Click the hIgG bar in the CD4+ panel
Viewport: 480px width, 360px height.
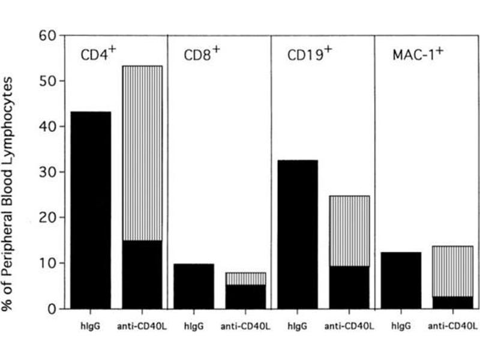tap(91, 210)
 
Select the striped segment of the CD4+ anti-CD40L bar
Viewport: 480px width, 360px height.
tap(142, 153)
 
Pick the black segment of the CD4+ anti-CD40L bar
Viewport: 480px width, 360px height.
tap(142, 274)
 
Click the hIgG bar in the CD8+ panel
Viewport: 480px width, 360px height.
tap(194, 286)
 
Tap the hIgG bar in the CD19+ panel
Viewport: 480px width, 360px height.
tap(297, 234)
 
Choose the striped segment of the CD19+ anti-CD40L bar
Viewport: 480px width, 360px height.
tap(349, 231)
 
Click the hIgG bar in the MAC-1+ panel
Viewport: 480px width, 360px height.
tap(401, 280)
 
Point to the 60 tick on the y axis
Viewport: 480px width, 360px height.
tap(63, 35)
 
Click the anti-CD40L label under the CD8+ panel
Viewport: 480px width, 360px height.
tap(245, 326)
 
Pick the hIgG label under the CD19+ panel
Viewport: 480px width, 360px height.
tap(297, 326)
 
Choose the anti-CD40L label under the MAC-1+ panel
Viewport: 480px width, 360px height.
tap(452, 326)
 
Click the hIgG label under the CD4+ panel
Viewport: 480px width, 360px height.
tap(91, 326)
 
